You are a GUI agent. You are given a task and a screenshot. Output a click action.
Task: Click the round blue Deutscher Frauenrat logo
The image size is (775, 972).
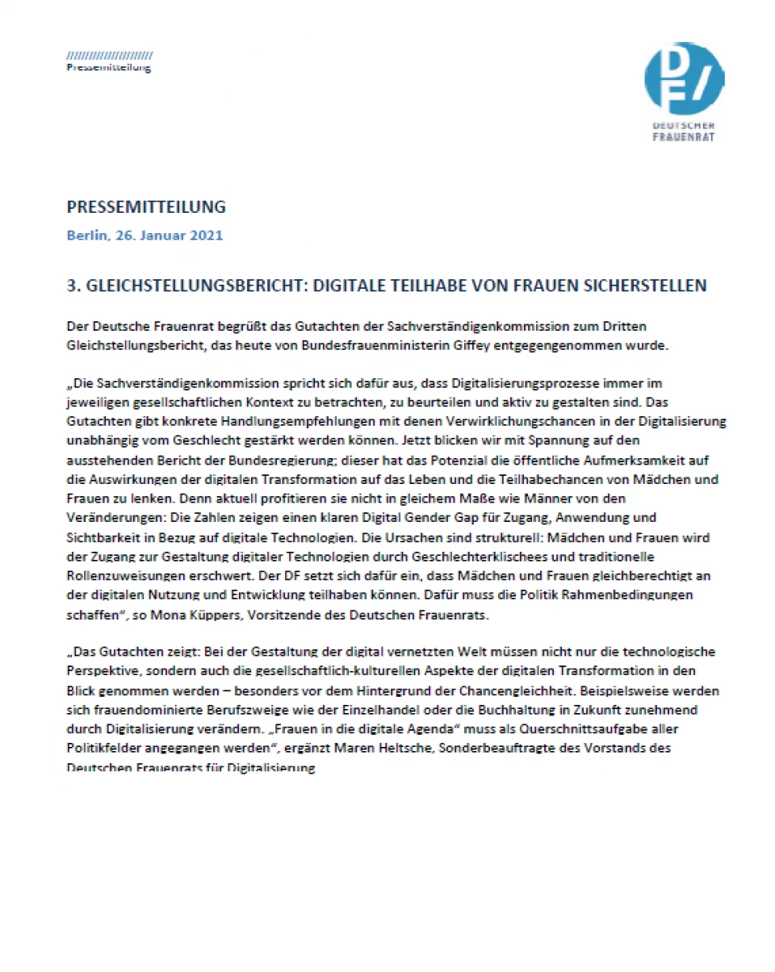[x=685, y=78]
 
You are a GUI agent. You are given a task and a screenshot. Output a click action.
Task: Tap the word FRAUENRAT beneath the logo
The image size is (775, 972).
[x=683, y=136]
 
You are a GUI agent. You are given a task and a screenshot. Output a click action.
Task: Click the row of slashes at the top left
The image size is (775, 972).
[x=109, y=56]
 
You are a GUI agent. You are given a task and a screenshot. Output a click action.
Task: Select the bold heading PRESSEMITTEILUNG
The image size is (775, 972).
[x=146, y=207]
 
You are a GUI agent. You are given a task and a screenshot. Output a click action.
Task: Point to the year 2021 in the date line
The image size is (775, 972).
[x=206, y=236]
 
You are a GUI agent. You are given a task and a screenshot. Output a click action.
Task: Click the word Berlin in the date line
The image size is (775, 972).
[x=86, y=236]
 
